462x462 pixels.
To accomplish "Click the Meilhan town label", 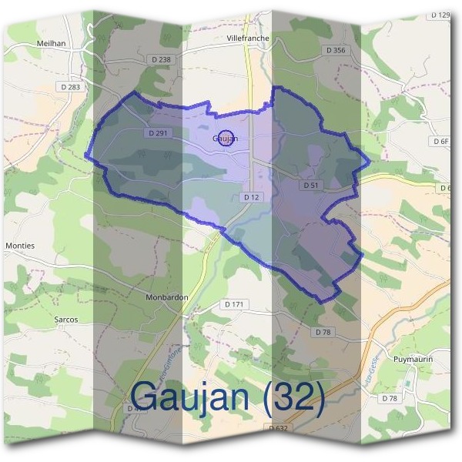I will pos(49,43).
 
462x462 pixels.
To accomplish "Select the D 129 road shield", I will pos(440,15).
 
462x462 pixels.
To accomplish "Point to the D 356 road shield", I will pos(335,50).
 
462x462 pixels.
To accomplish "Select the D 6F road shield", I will pos(440,142).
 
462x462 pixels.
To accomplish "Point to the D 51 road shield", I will pos(311,186).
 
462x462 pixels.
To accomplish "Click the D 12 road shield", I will pos(251,198).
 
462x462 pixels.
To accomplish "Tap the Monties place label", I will pos(20,246).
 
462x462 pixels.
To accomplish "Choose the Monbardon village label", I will pos(166,296).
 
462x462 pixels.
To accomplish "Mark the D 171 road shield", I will pos(234,305).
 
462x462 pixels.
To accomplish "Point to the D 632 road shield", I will pos(280,427).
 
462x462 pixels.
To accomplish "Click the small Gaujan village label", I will pos(225,139).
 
